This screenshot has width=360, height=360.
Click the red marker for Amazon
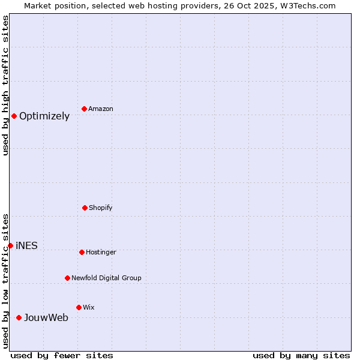(85, 109)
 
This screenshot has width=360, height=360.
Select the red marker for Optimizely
(14, 116)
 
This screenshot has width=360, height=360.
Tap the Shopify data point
(85, 208)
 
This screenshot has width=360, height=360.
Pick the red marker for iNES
(10, 245)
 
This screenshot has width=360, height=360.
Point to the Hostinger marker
(82, 252)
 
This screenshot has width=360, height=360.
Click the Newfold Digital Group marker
(67, 278)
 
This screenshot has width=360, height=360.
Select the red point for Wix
(79, 307)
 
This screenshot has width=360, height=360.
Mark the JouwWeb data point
(19, 317)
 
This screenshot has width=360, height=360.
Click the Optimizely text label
(44, 116)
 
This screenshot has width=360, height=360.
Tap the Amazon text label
(101, 109)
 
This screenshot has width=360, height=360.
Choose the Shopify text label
(101, 208)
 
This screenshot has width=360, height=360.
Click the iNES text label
(26, 246)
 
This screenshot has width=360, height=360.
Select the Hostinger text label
(101, 253)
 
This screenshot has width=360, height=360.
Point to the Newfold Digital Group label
(106, 278)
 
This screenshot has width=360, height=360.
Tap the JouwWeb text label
(46, 318)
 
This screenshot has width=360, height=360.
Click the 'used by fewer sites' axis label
(62, 355)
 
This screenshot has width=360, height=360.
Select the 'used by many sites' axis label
(301, 355)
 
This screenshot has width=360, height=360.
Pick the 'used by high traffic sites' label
(5, 85)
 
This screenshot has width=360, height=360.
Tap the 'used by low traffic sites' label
(5, 281)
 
